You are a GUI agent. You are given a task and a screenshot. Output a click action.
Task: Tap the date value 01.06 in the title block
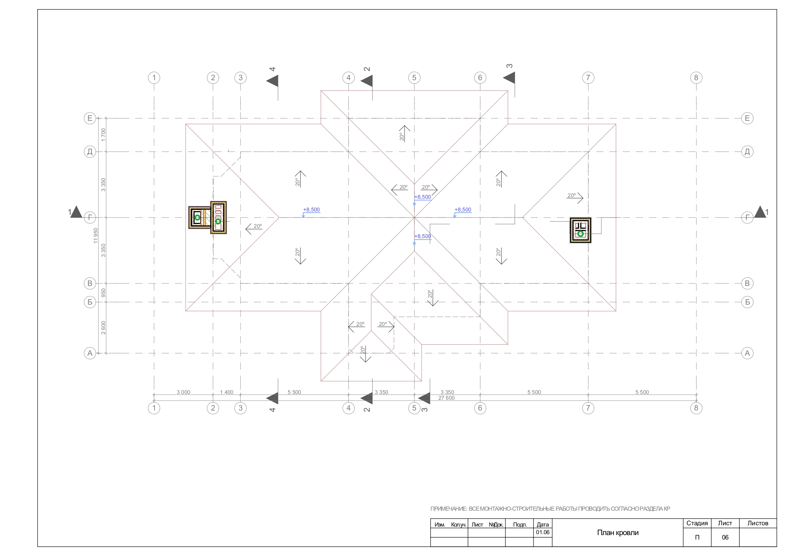543,532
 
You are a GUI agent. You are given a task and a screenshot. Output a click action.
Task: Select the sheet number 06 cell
725,537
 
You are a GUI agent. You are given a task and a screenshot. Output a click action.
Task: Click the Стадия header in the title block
697,523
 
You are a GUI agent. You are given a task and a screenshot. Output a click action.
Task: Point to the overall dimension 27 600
446,398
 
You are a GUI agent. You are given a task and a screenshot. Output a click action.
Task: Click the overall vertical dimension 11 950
96,235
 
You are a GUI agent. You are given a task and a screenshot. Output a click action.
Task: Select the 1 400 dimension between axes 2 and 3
226,392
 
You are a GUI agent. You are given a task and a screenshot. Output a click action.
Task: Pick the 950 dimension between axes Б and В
103,293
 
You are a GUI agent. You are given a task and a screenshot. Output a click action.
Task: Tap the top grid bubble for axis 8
696,78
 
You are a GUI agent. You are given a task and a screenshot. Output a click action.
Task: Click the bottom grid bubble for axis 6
480,408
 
